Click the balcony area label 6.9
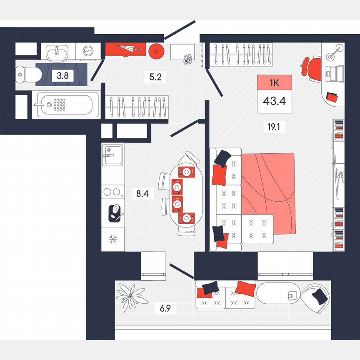pyautogui.click(x=165, y=309)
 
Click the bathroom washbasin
pyautogui.click(x=57, y=53)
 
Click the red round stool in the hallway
pyautogui.click(x=156, y=50)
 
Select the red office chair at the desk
pyautogui.click(x=312, y=67)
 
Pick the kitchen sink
pyautogui.click(x=112, y=155)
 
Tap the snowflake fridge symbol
pyautogui.click(x=112, y=239)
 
